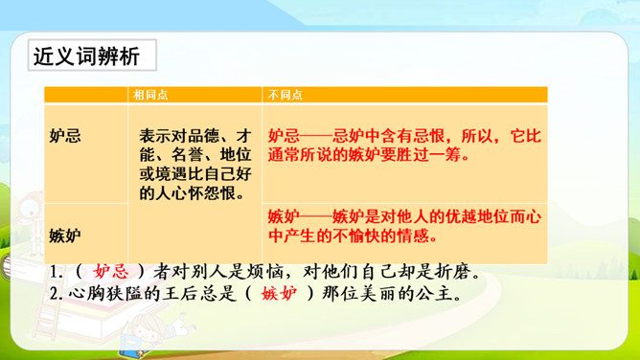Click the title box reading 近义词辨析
92,55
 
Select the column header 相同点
150,95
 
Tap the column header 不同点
286,95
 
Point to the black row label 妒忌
65,136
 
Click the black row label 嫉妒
65,236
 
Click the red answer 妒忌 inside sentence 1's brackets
111,272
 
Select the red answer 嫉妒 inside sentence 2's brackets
279,293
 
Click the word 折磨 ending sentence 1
453,272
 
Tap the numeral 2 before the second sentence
54,294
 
